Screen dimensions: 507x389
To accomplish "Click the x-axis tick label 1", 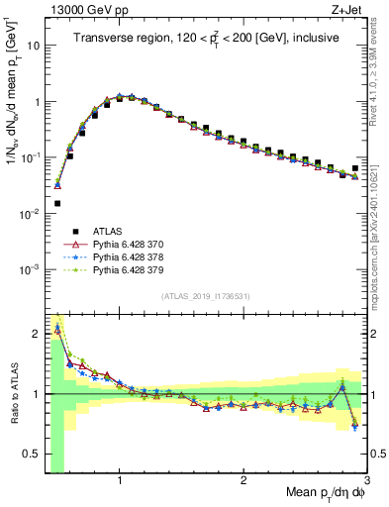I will (x=120, y=481).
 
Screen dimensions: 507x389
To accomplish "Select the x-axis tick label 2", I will (x=243, y=481).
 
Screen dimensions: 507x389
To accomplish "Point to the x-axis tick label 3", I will (x=366, y=481).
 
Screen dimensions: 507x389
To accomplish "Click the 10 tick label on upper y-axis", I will (x=32, y=46).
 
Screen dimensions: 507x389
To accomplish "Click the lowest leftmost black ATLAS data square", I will (x=57, y=203).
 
